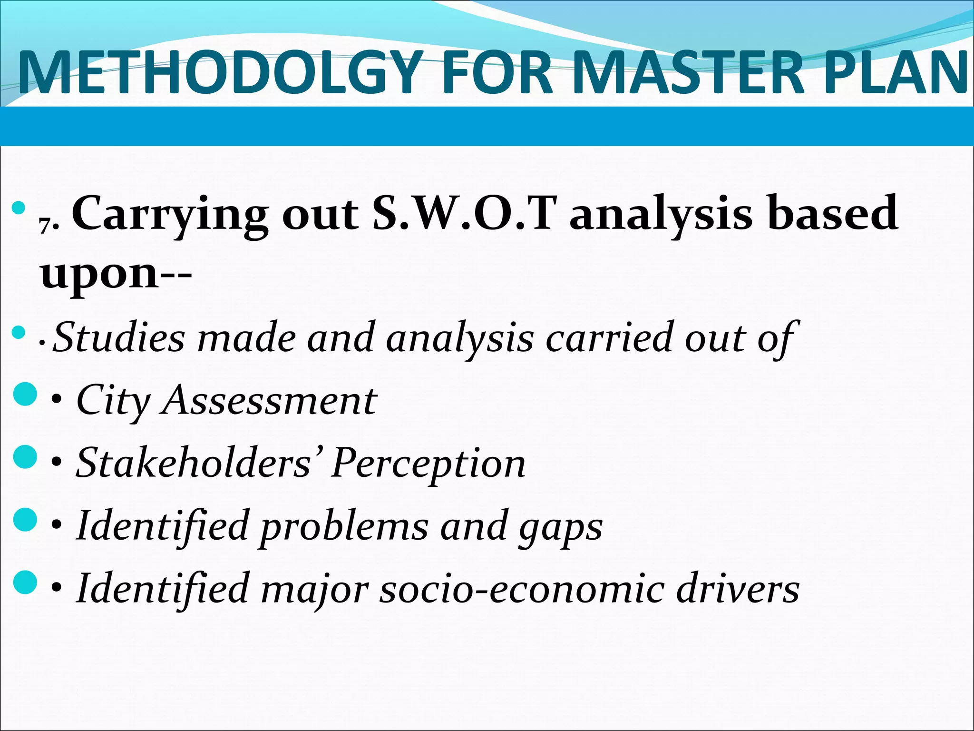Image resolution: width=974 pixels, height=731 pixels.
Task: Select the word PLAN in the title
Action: (x=894, y=72)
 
